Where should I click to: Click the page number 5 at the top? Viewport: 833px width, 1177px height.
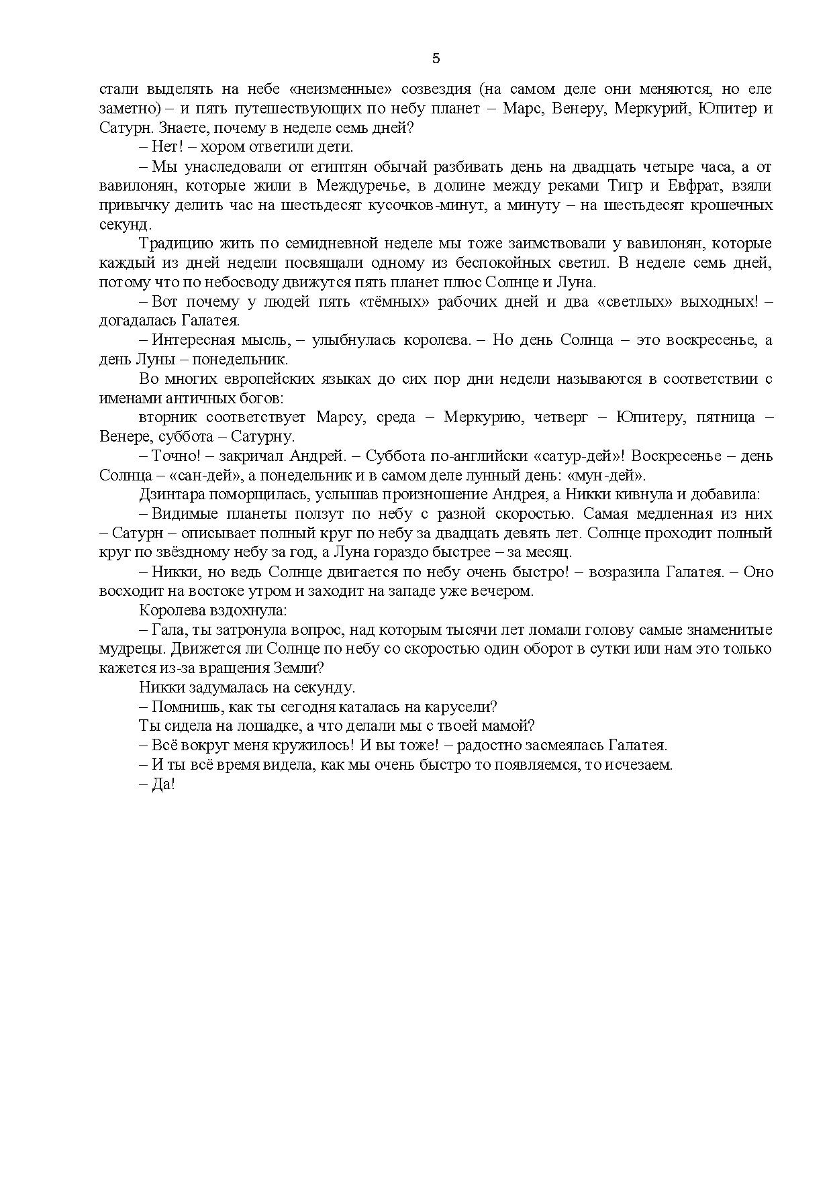tap(436, 58)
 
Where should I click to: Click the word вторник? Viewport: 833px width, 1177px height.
tap(168, 417)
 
